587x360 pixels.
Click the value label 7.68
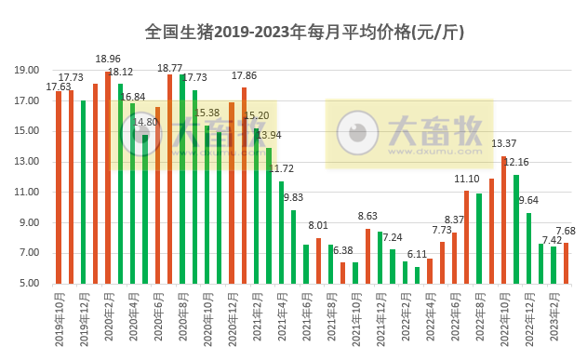(x=567, y=231)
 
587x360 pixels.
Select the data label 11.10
(x=467, y=179)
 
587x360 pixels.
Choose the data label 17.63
(x=58, y=87)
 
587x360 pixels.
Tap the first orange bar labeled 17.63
(x=59, y=186)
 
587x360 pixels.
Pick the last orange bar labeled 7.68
(x=566, y=263)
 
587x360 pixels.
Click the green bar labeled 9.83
(x=294, y=247)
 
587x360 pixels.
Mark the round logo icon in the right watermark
(x=355, y=133)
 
